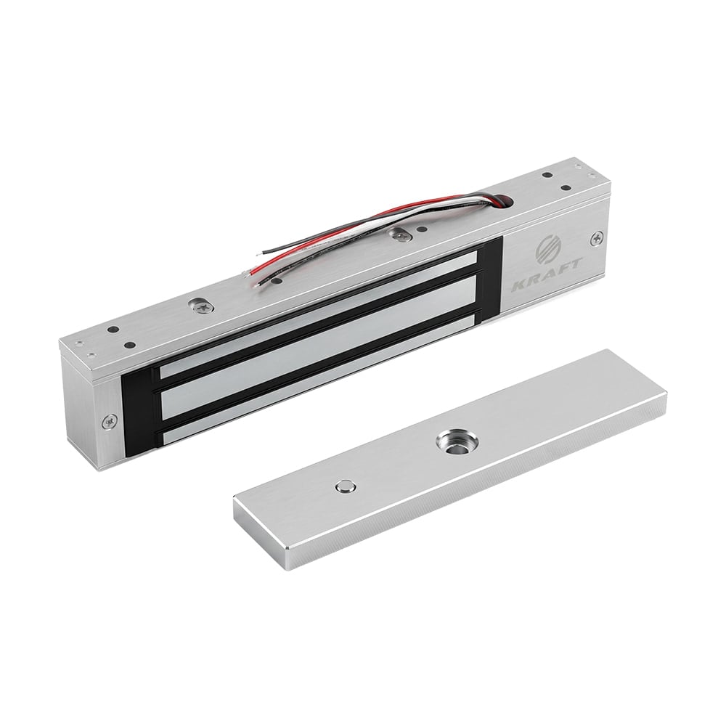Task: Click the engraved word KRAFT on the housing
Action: point(546,277)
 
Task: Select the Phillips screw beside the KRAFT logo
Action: point(597,238)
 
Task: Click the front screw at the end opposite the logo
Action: point(110,421)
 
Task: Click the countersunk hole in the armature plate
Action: point(452,442)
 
